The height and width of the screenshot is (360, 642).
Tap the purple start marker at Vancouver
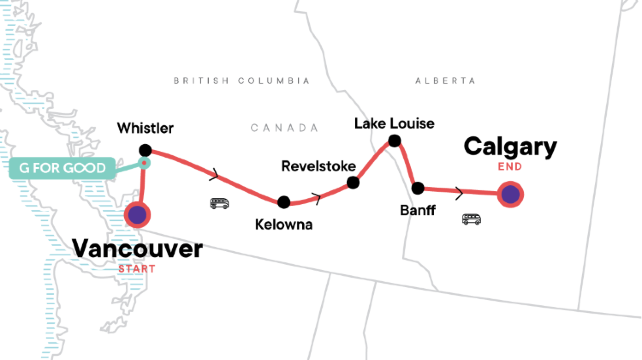point(137,215)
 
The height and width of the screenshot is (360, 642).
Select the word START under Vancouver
point(137,268)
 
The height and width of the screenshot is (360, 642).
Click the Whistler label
point(145,129)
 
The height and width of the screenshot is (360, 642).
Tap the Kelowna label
point(283,225)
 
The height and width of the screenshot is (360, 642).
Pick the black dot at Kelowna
point(284,201)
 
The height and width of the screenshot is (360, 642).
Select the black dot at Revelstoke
point(352,183)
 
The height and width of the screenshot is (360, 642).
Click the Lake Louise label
point(395,123)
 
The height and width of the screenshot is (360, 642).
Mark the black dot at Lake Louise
point(395,141)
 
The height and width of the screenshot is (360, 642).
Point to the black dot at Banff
point(418,187)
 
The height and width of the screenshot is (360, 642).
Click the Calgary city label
point(510,147)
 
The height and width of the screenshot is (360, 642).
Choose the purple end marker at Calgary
point(511,195)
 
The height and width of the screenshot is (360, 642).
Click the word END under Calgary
point(511,168)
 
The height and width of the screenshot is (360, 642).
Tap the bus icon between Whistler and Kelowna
point(219,203)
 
